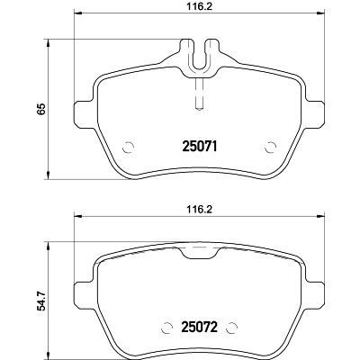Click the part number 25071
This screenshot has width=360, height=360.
coord(200,147)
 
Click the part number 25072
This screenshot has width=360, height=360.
coord(200,328)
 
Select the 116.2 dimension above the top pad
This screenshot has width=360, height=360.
coord(200,6)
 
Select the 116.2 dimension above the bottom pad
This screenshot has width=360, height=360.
coord(200,209)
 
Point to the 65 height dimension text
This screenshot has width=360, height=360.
coord(41,109)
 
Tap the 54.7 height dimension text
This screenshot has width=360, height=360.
coord(41,301)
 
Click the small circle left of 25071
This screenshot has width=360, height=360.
coord(128,147)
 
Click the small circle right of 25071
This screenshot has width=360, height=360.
coord(271,147)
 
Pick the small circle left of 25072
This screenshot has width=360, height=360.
coord(166,328)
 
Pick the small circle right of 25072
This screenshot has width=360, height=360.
coord(232,328)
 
